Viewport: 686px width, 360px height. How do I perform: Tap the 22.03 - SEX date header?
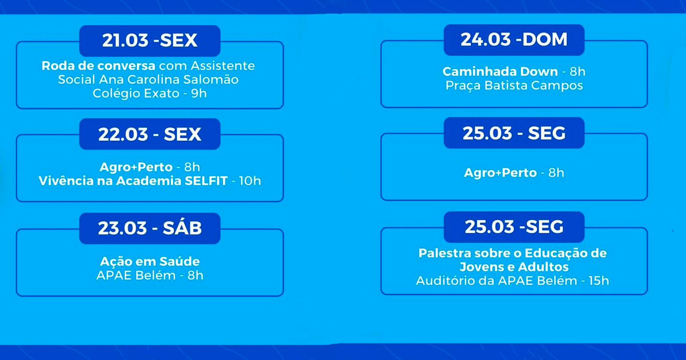pos(150,134)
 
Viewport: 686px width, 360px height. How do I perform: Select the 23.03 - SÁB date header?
pos(150,228)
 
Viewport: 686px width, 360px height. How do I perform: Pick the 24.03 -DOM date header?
pos(514,40)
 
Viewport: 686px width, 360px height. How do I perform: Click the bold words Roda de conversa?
pos(98,66)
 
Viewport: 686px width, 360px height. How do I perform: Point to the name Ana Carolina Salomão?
pos(169,79)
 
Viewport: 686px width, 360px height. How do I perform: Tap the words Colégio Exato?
pos(136,94)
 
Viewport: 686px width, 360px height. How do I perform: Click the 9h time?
pos(199,94)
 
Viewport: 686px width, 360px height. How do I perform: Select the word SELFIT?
pos(206,181)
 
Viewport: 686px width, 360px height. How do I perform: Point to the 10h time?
pos(250,181)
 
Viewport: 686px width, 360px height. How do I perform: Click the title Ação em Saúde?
pos(150,262)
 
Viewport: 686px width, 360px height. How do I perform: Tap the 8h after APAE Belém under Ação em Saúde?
pos(195,275)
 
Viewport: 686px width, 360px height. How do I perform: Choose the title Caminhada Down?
pos(500,72)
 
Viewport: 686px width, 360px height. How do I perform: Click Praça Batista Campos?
pos(514,86)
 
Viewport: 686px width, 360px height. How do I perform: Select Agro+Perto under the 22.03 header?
pos(136,167)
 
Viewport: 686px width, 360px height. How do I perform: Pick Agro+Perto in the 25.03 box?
pos(500,173)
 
